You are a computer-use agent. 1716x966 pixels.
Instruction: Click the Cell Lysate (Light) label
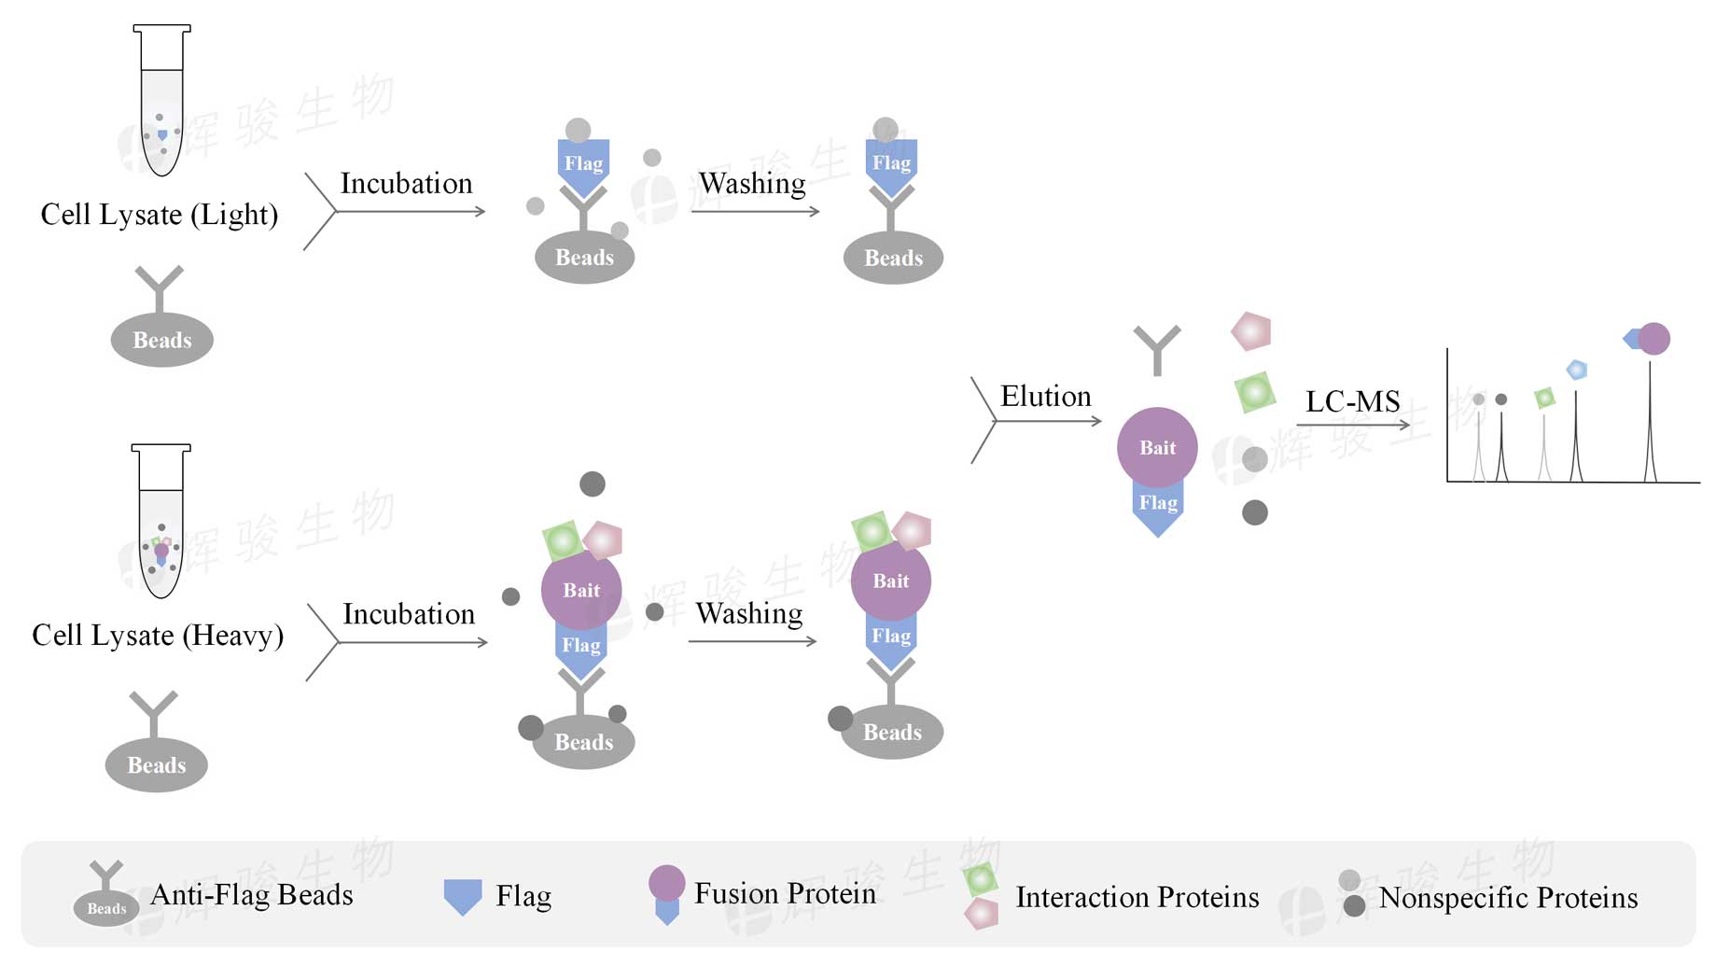(x=160, y=215)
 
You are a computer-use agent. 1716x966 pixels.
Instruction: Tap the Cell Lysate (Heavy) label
(x=158, y=636)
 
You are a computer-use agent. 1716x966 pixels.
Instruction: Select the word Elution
(x=1045, y=397)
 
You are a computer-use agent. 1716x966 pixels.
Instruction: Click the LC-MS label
(x=1352, y=402)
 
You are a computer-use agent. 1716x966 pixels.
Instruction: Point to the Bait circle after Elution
(x=1157, y=447)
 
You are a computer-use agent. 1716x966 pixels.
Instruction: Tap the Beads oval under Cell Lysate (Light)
(x=161, y=340)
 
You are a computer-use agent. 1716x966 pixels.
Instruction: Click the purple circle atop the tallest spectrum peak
(x=1653, y=339)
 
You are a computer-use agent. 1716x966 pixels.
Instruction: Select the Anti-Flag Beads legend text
(x=252, y=895)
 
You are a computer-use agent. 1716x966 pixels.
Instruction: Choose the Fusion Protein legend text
(x=785, y=893)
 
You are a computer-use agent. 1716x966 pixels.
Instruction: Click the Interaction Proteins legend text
(x=1137, y=897)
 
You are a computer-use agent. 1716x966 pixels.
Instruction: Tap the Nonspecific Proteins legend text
(x=1508, y=898)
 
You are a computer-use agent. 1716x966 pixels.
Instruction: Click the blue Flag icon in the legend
(x=463, y=896)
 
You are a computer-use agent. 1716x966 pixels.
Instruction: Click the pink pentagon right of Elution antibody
(x=1251, y=331)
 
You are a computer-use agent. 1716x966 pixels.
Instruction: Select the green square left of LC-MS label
(x=1255, y=392)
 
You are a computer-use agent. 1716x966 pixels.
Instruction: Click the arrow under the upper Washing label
(x=755, y=212)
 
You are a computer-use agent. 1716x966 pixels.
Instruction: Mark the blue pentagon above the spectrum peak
(x=1576, y=370)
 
